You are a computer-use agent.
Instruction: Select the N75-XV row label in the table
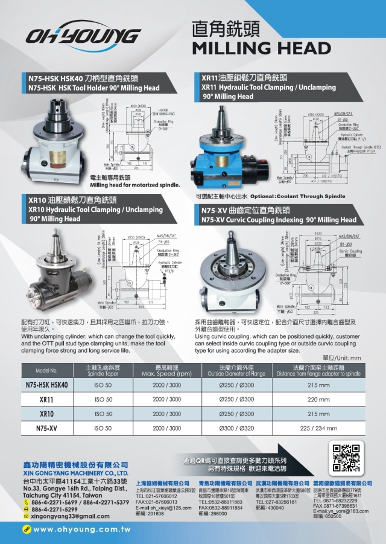point(46,429)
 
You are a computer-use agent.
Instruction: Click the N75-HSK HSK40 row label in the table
point(46,385)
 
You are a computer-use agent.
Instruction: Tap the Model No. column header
point(46,370)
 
